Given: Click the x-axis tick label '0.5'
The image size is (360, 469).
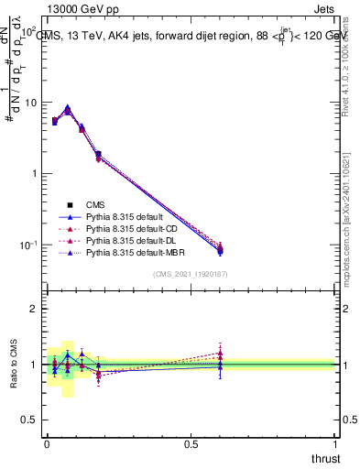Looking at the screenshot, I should [191, 443].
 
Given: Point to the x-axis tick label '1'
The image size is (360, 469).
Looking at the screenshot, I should [335, 443].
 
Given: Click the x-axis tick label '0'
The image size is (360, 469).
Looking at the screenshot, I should [47, 443].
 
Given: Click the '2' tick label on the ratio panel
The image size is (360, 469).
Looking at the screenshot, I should [36, 310].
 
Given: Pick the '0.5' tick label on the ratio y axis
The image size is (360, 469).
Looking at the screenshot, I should [31, 420].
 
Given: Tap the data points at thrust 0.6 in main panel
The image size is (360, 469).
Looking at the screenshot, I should [220, 248].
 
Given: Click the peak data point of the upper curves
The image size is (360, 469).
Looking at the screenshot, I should [68, 109].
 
